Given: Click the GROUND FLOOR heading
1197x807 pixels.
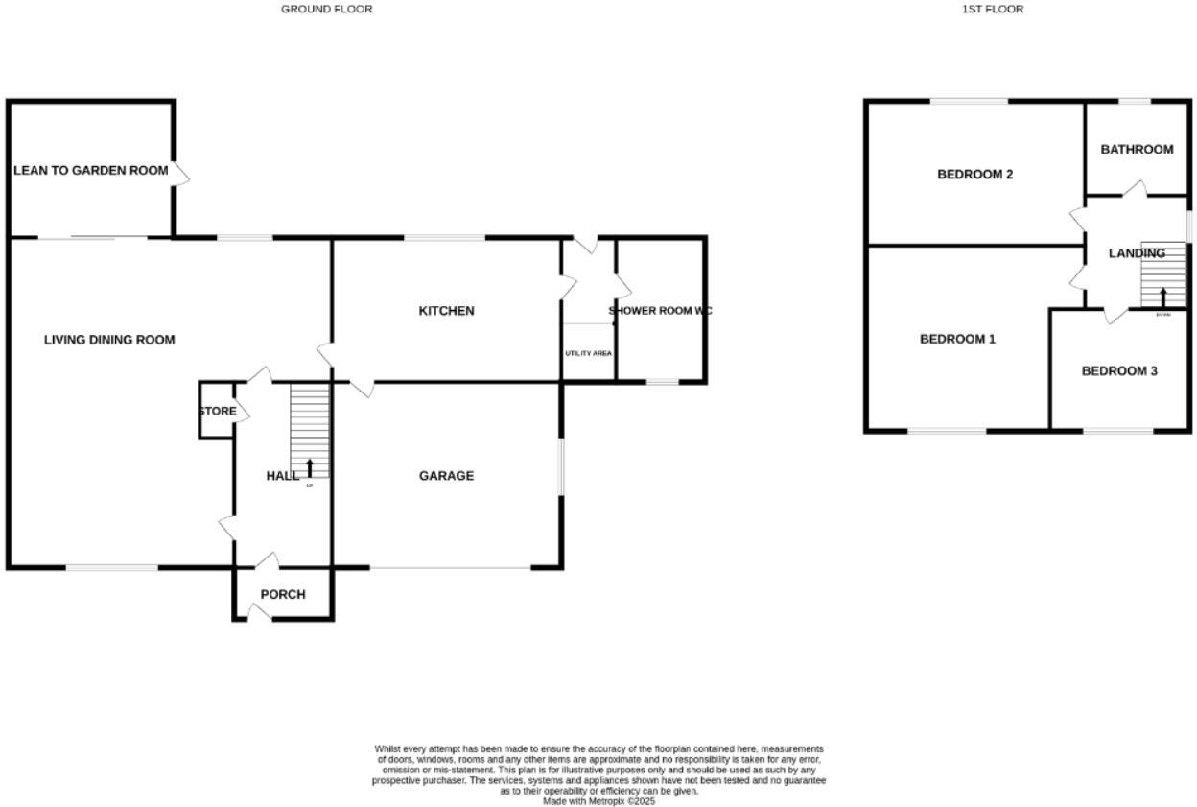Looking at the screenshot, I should [326, 9].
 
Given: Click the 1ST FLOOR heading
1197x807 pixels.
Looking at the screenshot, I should [993, 9].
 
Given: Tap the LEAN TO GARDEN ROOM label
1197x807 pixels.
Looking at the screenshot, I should [91, 170].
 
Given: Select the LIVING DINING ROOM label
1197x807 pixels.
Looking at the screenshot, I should [109, 339].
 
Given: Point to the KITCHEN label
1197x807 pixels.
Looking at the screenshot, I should [446, 311].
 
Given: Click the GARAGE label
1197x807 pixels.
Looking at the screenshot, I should [446, 476].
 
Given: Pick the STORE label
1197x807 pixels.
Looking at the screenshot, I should [218, 411].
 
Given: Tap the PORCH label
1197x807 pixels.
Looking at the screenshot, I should [283, 594].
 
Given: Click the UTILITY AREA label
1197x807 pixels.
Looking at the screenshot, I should [588, 353].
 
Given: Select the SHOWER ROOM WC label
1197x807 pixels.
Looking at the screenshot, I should [660, 311].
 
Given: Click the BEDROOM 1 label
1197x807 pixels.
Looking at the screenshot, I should [957, 339].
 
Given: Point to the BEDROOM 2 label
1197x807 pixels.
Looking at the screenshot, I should [974, 175].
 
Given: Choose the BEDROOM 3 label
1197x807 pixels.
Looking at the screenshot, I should [1119, 370].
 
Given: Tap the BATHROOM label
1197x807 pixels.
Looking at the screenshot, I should [1137, 149].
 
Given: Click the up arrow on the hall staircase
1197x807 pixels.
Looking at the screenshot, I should [309, 468].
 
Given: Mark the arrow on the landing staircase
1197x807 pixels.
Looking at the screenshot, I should [1163, 297].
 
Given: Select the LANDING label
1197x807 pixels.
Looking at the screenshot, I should [1137, 253].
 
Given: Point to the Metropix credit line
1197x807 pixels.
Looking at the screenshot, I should [598, 801].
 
